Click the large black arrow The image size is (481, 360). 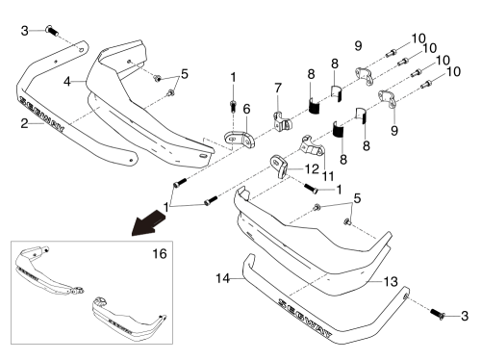(149, 222)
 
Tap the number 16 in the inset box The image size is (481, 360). (160, 254)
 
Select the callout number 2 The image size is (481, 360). (24, 123)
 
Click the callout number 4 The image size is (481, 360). (66, 82)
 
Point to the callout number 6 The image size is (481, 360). (246, 109)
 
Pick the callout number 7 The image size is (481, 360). (278, 88)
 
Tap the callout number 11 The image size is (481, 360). (328, 176)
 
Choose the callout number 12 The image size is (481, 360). (312, 169)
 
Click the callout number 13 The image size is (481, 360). (391, 281)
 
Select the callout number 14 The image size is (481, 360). (223, 278)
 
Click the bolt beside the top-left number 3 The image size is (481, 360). (52, 31)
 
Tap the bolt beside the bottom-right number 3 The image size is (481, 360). (437, 314)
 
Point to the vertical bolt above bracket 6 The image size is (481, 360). (233, 106)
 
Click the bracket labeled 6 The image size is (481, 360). (240, 140)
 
